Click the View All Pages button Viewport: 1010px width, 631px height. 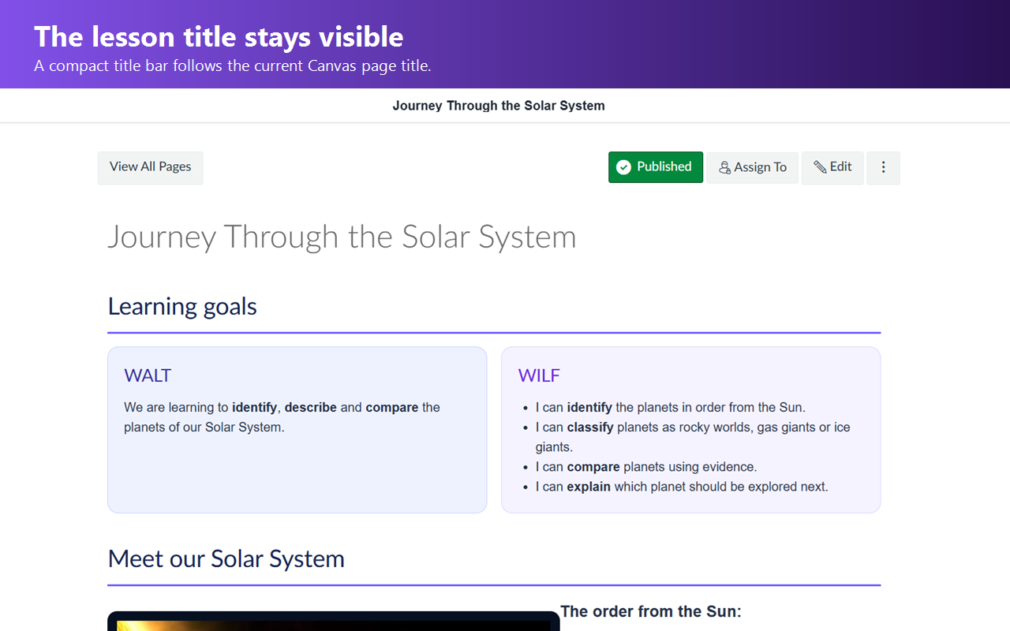tap(151, 168)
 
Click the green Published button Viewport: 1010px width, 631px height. tap(656, 167)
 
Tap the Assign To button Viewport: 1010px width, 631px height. tap(752, 168)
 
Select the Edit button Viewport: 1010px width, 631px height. tap(832, 168)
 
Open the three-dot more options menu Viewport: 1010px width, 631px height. tap(883, 168)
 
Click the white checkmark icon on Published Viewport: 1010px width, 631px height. tap(623, 167)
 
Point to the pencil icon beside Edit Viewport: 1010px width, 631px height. tap(820, 166)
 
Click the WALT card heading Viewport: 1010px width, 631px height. tap(148, 375)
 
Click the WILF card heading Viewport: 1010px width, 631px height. tap(539, 375)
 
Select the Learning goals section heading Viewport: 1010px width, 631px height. tap(182, 307)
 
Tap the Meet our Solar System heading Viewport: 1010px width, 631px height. tap(226, 559)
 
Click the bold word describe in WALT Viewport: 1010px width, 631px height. tap(310, 408)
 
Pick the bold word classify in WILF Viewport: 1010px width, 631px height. tap(589, 428)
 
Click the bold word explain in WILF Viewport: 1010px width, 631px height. tap(589, 487)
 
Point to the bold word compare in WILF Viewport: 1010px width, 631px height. tap(593, 467)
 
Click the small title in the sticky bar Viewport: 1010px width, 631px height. tap(499, 106)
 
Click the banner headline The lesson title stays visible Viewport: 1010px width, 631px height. tap(219, 36)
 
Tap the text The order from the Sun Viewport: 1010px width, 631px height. tap(651, 611)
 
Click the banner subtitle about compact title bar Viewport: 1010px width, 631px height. tap(233, 65)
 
